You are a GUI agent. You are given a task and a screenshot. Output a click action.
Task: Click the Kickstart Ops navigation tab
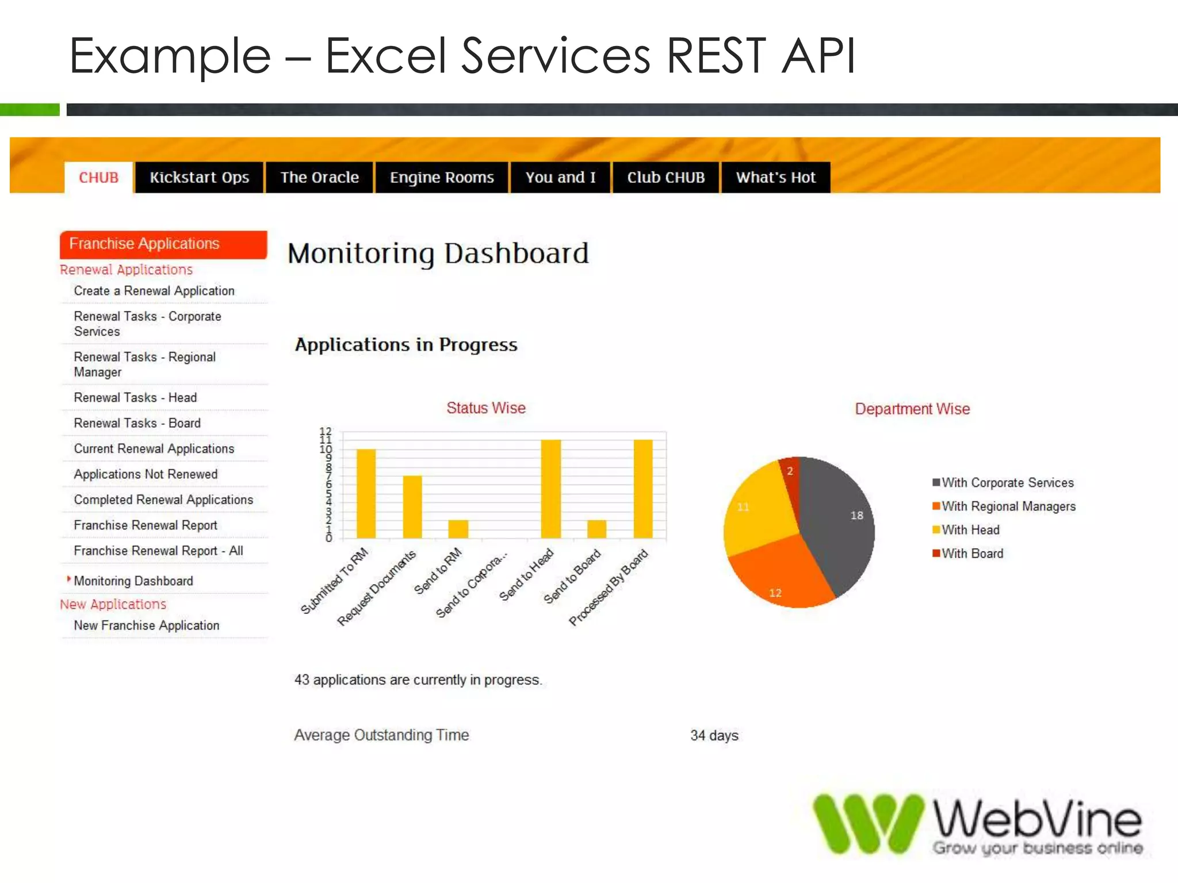(199, 178)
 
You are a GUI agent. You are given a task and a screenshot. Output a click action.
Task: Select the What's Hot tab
(775, 178)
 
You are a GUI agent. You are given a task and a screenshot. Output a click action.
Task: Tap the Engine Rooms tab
(442, 178)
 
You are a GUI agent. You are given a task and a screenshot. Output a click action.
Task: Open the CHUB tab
(98, 178)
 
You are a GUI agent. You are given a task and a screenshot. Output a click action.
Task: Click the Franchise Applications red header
(163, 244)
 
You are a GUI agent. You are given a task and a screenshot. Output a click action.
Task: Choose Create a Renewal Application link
(154, 291)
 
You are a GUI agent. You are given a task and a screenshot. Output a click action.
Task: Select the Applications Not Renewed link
(146, 474)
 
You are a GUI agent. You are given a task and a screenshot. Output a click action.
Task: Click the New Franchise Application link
(147, 625)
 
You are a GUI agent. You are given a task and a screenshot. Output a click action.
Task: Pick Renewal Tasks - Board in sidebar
(137, 423)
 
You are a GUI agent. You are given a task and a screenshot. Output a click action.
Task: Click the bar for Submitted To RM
(366, 494)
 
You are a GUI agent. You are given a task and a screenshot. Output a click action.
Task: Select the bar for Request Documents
(412, 507)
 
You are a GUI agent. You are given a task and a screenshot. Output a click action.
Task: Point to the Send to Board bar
(596, 529)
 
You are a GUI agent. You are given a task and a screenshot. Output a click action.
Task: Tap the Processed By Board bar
(643, 489)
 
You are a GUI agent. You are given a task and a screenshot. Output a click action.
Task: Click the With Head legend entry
(970, 530)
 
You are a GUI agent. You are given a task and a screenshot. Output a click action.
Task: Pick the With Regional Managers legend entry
(1008, 506)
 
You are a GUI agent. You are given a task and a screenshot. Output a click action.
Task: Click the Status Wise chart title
(486, 408)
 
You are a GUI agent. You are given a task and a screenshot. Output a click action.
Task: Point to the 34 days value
(714, 735)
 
